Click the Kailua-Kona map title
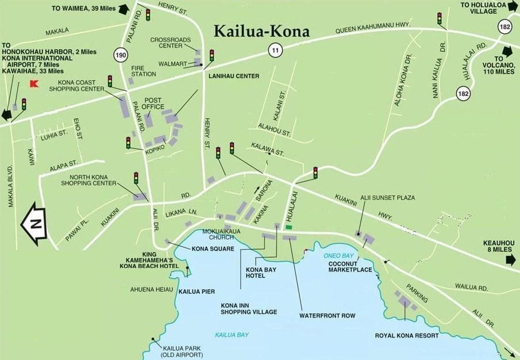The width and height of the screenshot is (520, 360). click(261, 31)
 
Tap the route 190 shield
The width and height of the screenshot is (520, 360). click(121, 55)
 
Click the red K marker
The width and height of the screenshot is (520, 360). click(33, 84)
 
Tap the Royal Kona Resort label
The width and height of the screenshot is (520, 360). click(407, 335)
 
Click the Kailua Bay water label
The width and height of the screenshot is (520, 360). click(228, 335)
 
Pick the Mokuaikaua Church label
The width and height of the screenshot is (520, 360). click(216, 233)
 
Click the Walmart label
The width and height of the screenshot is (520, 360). click(168, 64)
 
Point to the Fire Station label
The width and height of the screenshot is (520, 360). click(143, 71)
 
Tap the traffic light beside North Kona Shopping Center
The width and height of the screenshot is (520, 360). click(136, 178)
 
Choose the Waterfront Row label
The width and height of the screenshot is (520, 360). click(327, 315)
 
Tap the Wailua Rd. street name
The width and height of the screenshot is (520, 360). click(471, 286)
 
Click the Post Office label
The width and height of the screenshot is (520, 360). click(154, 103)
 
